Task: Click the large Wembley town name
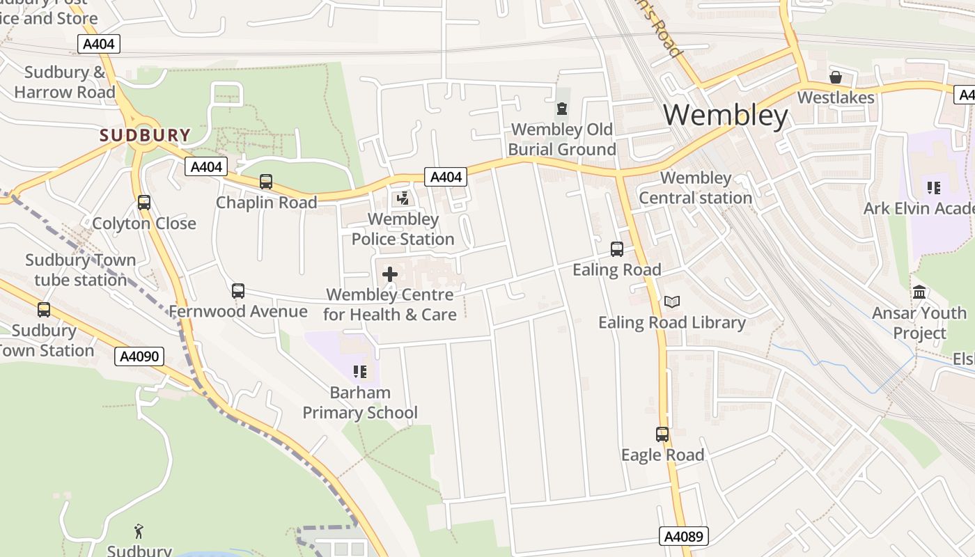click(725, 115)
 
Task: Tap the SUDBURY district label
click(145, 135)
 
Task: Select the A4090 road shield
click(139, 356)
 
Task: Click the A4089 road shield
click(683, 536)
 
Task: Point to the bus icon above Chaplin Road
click(266, 182)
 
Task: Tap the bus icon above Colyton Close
click(144, 203)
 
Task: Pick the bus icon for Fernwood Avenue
click(238, 290)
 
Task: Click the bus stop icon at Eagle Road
click(662, 434)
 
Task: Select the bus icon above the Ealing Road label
click(617, 249)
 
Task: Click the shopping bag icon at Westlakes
click(835, 77)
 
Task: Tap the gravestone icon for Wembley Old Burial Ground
click(562, 109)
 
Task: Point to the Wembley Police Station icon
click(403, 199)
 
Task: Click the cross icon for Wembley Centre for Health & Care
click(390, 274)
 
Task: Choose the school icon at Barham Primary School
click(360, 372)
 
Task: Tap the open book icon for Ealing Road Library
click(671, 301)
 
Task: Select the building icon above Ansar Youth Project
click(919, 292)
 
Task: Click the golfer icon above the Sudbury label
click(139, 531)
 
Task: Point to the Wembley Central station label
click(696, 188)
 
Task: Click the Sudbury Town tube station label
click(81, 270)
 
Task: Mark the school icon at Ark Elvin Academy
click(934, 187)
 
